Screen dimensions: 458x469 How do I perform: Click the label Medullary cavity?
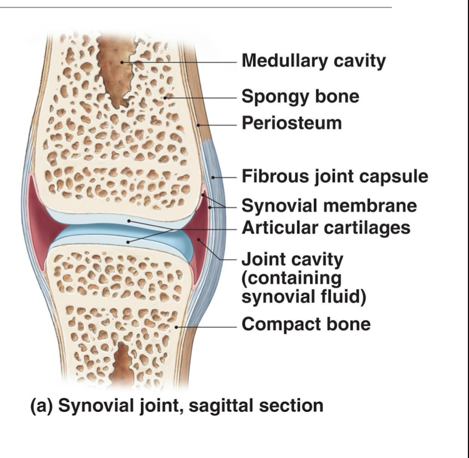314,61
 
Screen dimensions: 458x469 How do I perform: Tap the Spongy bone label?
300,97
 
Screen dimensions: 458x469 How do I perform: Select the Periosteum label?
291,122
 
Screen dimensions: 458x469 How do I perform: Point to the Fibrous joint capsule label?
334,177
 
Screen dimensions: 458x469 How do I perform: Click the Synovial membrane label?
329,206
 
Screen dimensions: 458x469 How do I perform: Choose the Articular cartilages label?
326,227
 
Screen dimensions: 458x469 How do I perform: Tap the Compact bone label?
306,324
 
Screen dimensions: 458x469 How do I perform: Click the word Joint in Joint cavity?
261,258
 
